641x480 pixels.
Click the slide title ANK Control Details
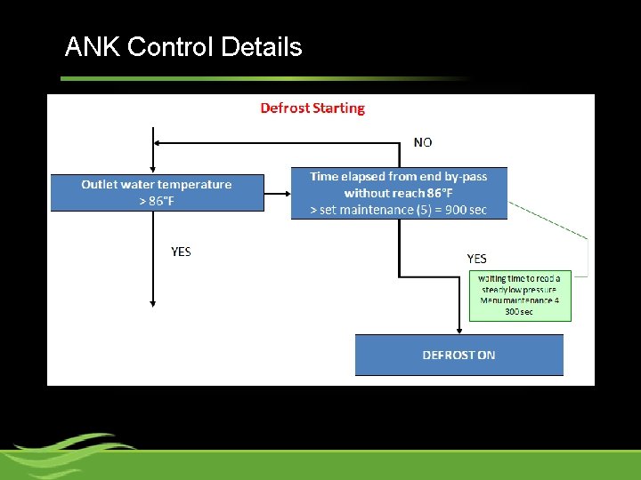tap(183, 47)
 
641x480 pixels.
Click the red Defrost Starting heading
tap(312, 108)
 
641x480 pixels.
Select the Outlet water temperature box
tap(157, 192)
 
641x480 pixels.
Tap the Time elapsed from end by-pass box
tap(399, 193)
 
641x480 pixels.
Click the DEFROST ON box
tap(458, 355)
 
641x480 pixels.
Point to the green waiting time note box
tap(520, 295)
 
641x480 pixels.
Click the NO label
tap(424, 142)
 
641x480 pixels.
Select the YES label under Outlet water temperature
tap(181, 252)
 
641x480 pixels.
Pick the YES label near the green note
tap(477, 259)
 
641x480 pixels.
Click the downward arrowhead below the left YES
tap(153, 303)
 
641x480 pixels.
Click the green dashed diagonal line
tap(548, 222)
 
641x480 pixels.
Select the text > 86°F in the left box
tap(157, 201)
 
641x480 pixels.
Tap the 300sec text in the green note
tap(519, 311)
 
